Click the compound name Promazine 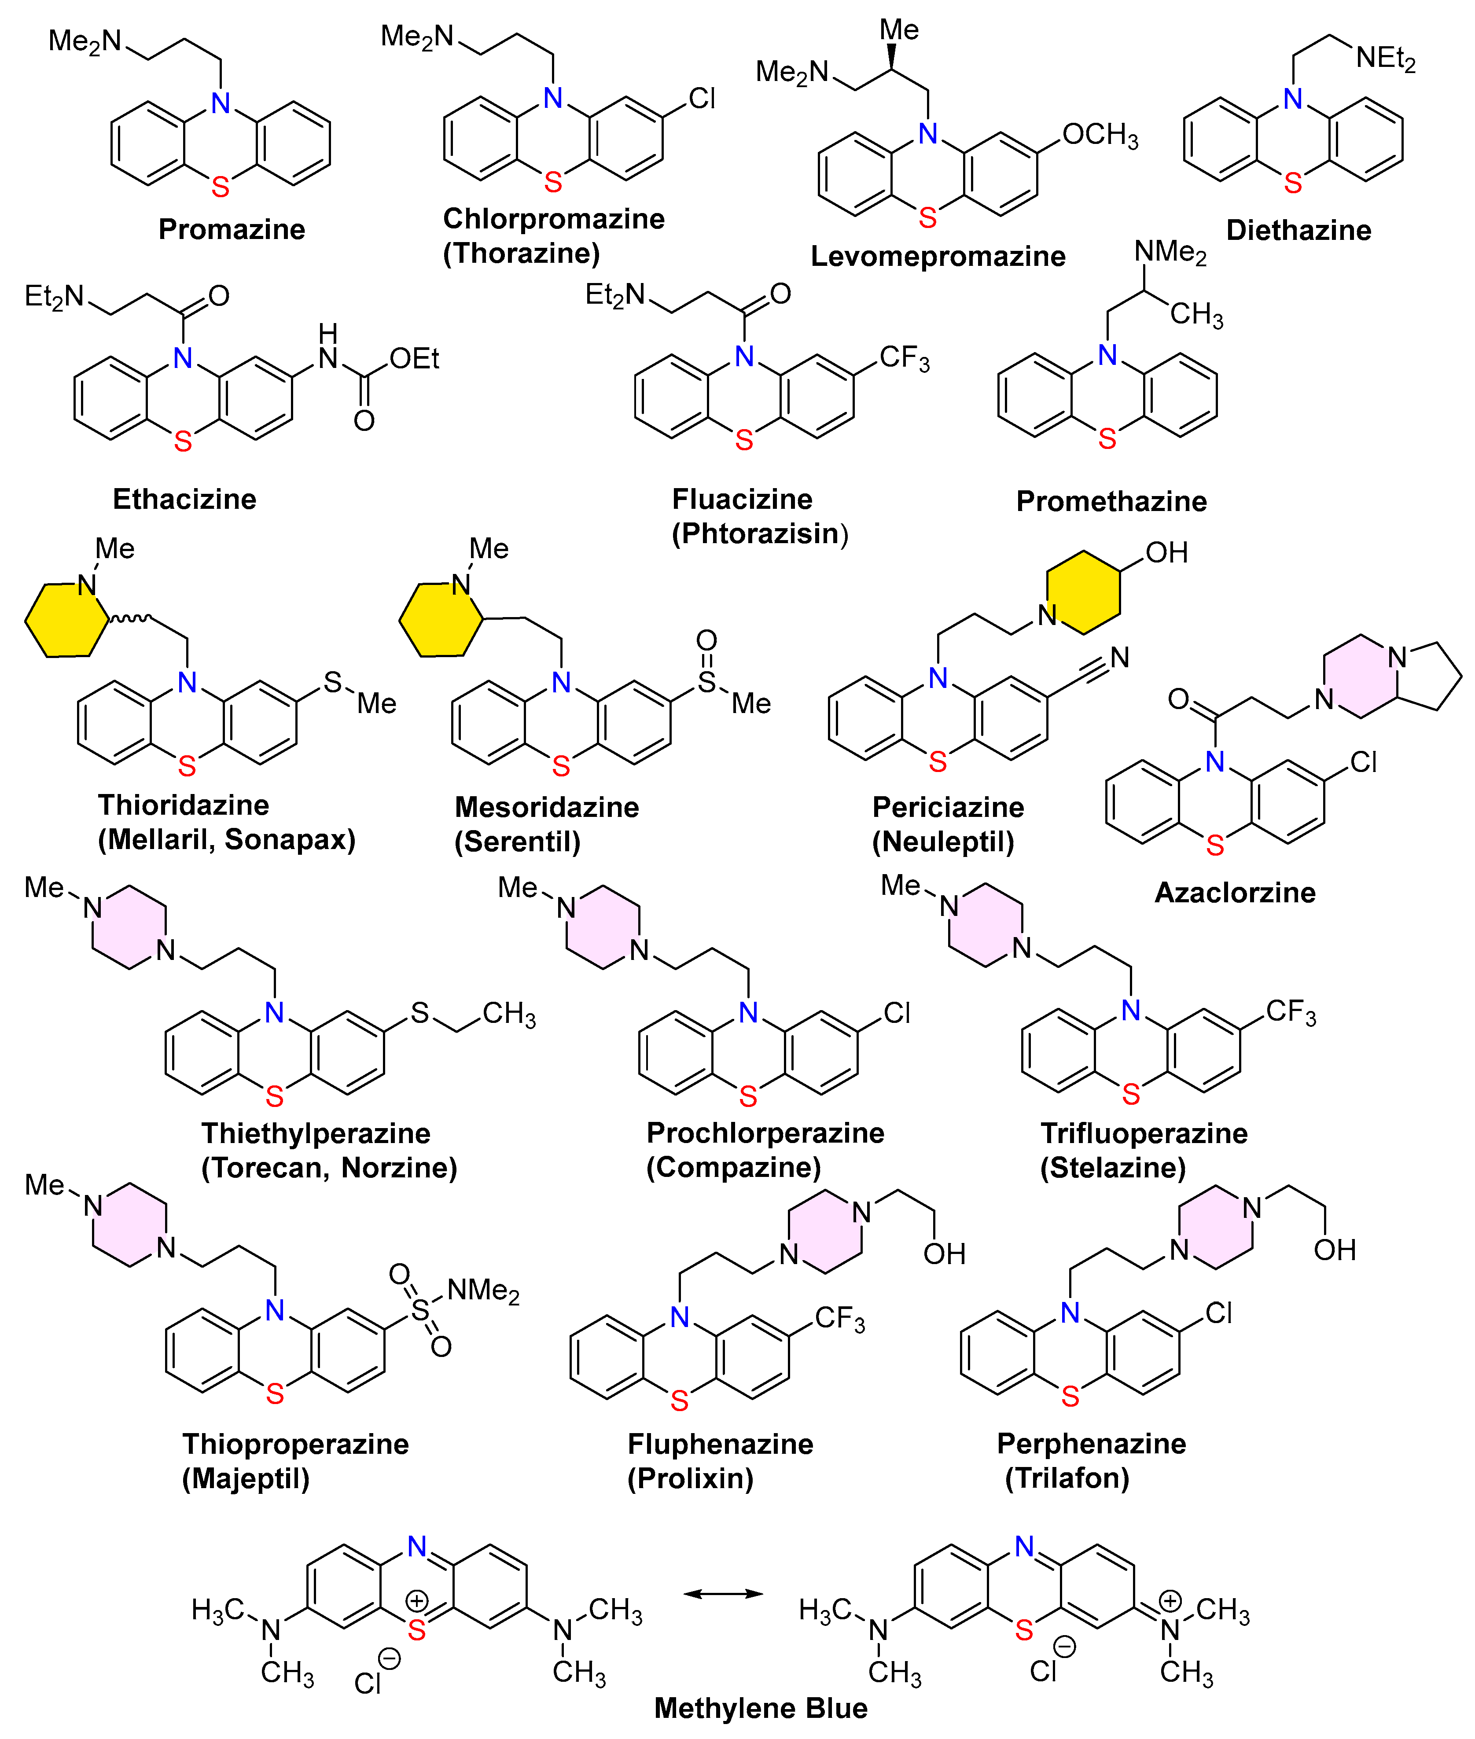pyautogui.click(x=232, y=229)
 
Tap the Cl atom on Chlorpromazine pyautogui.click(x=702, y=99)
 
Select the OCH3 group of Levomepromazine pyautogui.click(x=1100, y=135)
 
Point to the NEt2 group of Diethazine pyautogui.click(x=1386, y=59)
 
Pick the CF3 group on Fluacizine pyautogui.click(x=904, y=358)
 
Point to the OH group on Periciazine pyautogui.click(x=1166, y=553)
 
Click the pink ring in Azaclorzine pyautogui.click(x=1361, y=676)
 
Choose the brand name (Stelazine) pyautogui.click(x=1112, y=1167)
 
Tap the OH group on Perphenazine pyautogui.click(x=1335, y=1250)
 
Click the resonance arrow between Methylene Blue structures pyautogui.click(x=723, y=1593)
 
